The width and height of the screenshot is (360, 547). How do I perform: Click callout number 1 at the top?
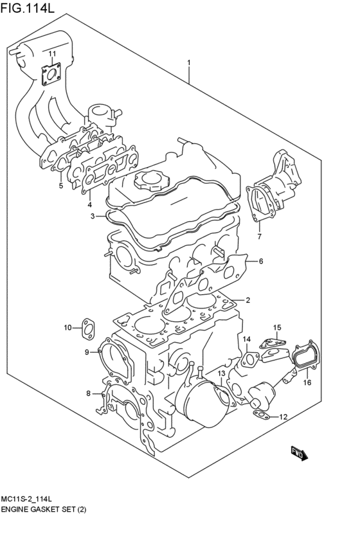[190, 62]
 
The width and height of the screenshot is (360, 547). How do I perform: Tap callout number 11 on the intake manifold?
[53, 53]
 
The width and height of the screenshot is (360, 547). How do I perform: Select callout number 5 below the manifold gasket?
[60, 186]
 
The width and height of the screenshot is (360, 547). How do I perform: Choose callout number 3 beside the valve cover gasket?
[93, 216]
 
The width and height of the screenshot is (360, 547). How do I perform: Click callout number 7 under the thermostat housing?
[259, 237]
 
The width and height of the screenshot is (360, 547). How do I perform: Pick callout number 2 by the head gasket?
[248, 300]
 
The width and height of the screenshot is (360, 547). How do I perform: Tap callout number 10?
[67, 328]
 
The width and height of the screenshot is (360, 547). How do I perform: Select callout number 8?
[89, 393]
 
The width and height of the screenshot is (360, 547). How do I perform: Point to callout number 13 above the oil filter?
[220, 373]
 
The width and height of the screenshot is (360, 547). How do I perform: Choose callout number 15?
[276, 328]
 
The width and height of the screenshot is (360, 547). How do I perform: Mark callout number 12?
[283, 418]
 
